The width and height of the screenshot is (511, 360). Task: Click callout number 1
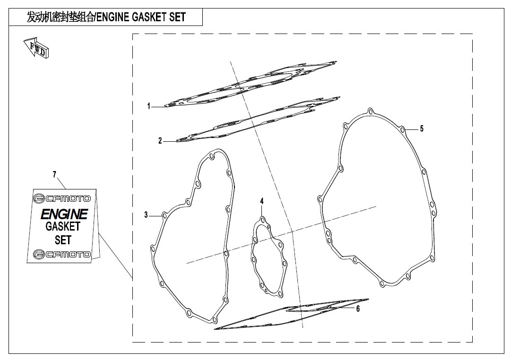(149, 106)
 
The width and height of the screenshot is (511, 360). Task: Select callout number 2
(160, 141)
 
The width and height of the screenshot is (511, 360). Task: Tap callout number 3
(146, 215)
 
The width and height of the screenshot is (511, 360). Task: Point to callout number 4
(262, 201)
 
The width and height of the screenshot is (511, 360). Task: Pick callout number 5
(422, 129)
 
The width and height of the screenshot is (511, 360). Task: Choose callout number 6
(358, 309)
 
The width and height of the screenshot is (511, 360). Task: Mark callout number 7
(55, 175)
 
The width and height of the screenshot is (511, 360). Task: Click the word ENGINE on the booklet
(64, 214)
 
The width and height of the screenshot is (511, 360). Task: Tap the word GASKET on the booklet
(63, 226)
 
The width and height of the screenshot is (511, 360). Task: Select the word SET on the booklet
(63, 240)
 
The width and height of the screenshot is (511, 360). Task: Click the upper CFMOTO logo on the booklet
(62, 198)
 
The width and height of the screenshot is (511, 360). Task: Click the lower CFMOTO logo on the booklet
(62, 254)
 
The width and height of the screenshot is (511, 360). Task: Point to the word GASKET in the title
(149, 17)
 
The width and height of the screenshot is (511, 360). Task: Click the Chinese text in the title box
(61, 17)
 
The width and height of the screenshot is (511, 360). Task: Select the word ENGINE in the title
(113, 17)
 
